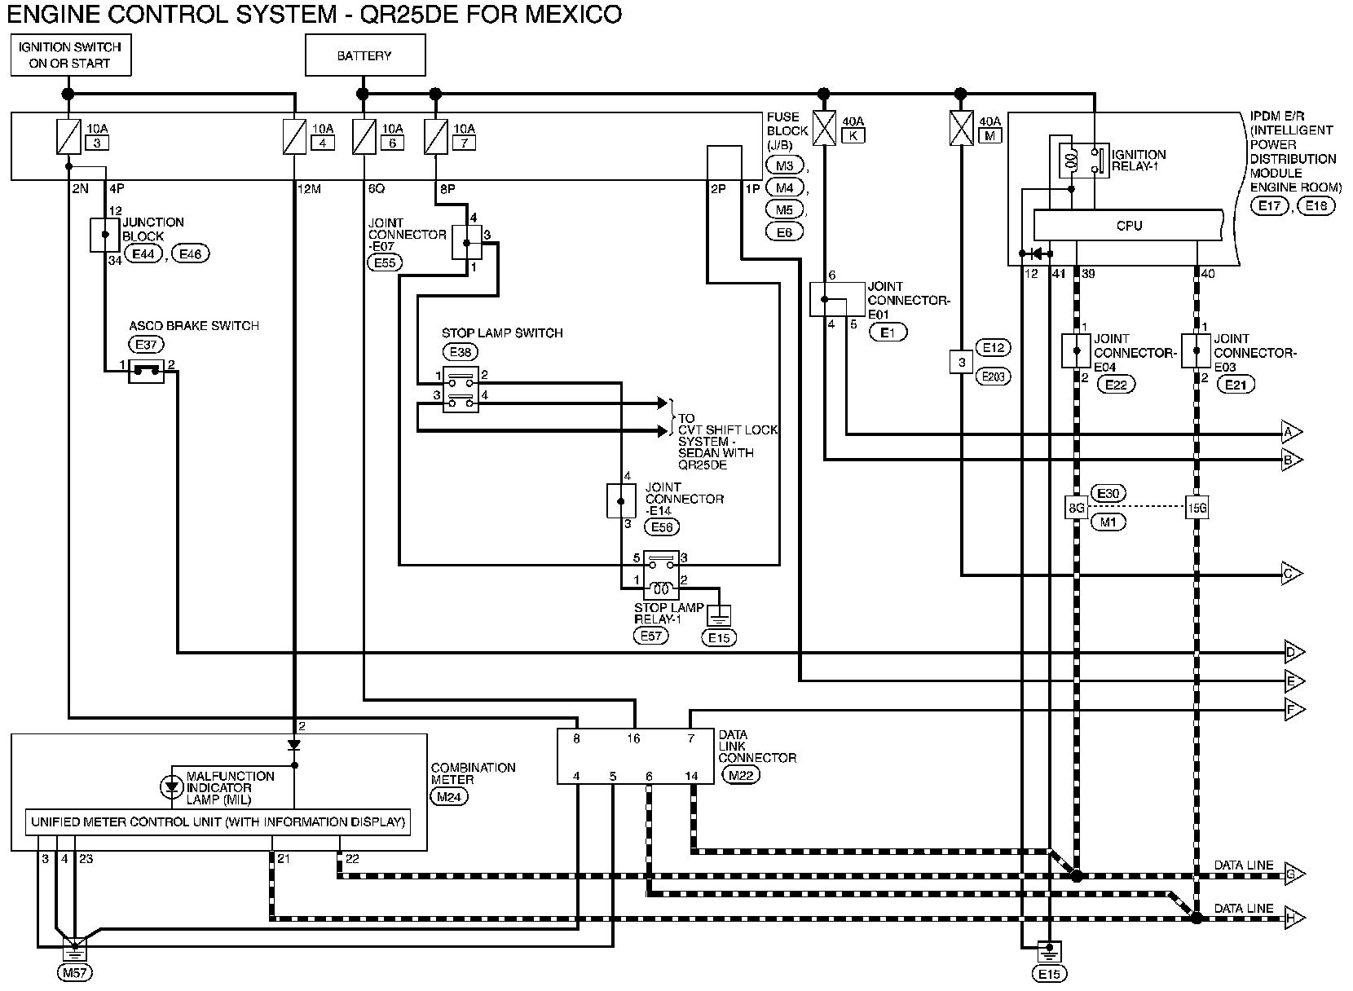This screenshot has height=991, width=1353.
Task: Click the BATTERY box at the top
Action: click(x=365, y=55)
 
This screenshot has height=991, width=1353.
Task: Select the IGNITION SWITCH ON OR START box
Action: click(x=71, y=55)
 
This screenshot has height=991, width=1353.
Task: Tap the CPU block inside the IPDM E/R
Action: click(x=1128, y=225)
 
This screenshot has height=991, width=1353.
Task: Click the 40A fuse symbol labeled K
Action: click(x=824, y=128)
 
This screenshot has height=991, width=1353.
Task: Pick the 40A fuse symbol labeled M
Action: click(x=961, y=128)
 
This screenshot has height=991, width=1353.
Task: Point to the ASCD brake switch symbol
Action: click(x=146, y=371)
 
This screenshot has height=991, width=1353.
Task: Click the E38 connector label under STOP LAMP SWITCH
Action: click(x=461, y=351)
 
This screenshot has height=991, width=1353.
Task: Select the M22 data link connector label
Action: click(x=741, y=775)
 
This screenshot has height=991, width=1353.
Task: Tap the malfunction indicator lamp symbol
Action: click(x=171, y=787)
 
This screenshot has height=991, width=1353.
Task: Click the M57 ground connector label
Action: click(x=75, y=973)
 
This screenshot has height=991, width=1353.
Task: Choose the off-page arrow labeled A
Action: click(x=1292, y=433)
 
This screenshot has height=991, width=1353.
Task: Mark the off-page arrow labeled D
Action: click(x=1294, y=652)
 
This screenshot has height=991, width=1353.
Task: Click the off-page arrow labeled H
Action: click(x=1294, y=918)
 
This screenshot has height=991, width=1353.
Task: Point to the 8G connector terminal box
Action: click(x=1077, y=508)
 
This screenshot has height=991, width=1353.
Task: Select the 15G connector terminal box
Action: click(x=1197, y=508)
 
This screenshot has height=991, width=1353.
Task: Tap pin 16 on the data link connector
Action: click(x=633, y=738)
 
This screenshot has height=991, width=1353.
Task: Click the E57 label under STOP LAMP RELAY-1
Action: click(x=651, y=636)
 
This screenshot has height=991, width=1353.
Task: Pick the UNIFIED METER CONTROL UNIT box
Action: click(x=218, y=822)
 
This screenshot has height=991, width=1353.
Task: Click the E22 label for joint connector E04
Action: click(x=1117, y=385)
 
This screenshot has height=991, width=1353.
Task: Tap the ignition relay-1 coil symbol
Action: click(x=1071, y=161)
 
